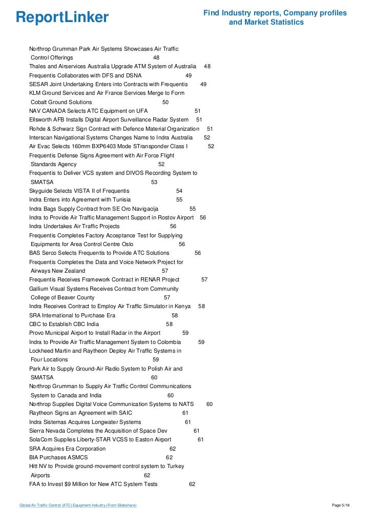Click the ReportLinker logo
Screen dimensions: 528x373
tap(62, 17)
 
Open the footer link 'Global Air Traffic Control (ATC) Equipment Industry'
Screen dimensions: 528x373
tap(77, 505)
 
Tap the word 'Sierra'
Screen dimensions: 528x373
tap(37, 431)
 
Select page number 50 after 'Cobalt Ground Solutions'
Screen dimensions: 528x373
tap(165, 102)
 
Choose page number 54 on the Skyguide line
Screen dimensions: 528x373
tap(179, 191)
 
